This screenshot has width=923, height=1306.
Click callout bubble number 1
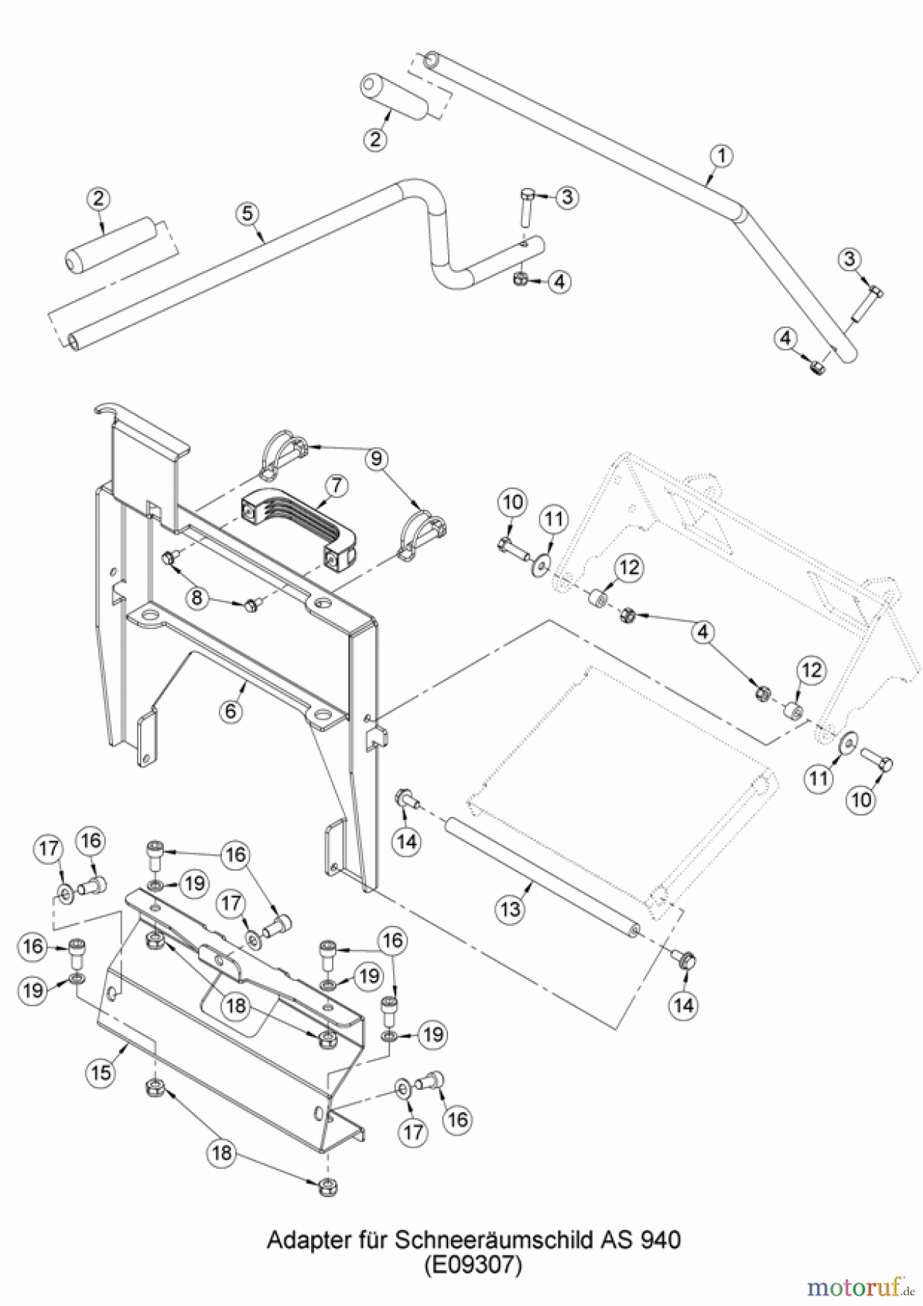721,155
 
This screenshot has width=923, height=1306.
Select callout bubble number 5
247,213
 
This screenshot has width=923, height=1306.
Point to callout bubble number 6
231,710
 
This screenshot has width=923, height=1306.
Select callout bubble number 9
376,459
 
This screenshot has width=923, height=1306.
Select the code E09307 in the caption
473,1265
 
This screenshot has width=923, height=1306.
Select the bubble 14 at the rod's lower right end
684,1005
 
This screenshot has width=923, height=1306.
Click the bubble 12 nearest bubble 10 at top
629,567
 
